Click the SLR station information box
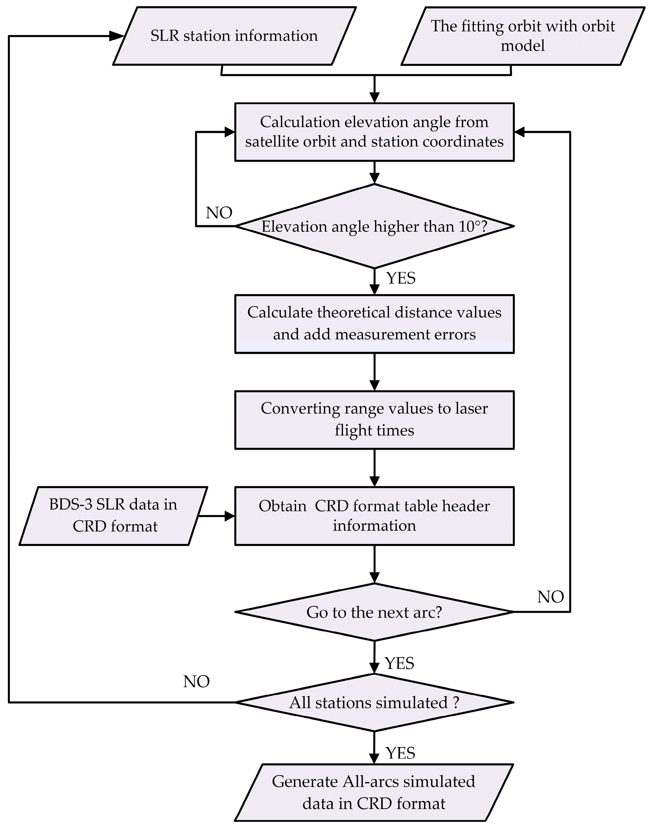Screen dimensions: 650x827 coord(234,36)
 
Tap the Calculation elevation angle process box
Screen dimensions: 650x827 coord(374,132)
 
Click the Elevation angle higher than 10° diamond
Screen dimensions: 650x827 coord(374,226)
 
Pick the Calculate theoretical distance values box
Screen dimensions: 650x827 coord(374,324)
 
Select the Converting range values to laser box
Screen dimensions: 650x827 coord(374,420)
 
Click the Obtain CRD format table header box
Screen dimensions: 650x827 coord(374,515)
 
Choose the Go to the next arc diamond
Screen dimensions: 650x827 coord(374,612)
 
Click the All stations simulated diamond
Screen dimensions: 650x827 coord(374,702)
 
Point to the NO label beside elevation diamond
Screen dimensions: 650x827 coord(219,213)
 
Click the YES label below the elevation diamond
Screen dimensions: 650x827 coord(401,278)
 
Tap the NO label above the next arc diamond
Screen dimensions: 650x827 coord(550,597)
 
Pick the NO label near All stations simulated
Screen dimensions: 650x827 coord(196,682)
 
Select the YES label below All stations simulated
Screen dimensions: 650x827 coord(400,753)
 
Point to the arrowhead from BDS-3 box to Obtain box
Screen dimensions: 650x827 coord(230,516)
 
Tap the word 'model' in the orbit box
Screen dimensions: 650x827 coord(523,46)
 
